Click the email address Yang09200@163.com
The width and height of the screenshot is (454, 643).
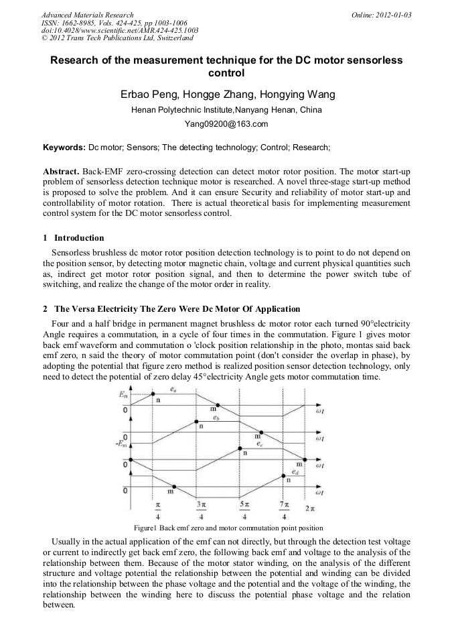coord(226,124)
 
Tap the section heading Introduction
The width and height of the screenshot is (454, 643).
coord(79,238)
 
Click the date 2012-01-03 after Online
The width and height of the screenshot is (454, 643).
coord(392,14)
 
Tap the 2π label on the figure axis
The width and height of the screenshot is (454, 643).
coord(310,509)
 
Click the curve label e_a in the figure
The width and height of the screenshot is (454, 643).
coord(173,389)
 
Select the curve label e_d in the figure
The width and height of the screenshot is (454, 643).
coord(295,471)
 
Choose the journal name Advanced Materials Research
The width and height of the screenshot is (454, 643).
coord(87,14)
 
